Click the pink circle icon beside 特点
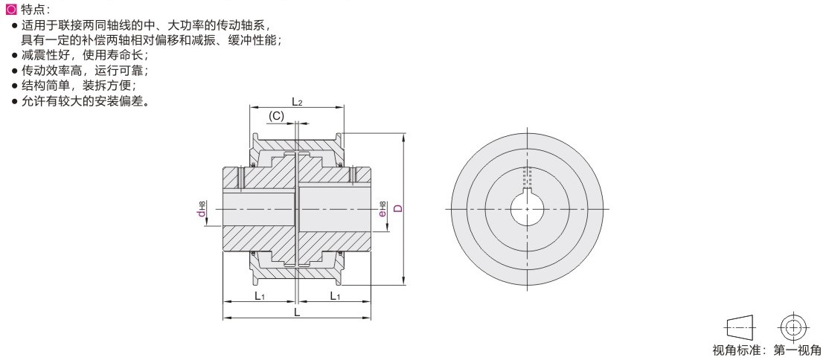[12, 10]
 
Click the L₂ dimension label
[297, 101]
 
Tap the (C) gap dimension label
[276, 116]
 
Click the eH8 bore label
[382, 209]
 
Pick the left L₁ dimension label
[259, 296]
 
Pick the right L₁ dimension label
[335, 296]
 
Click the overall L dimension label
[297, 312]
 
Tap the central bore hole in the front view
[528, 210]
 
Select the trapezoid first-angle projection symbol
[740, 328]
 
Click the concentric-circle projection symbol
[790, 328]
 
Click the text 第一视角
[797, 350]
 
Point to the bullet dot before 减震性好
[14, 55]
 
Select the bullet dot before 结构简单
[14, 86]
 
